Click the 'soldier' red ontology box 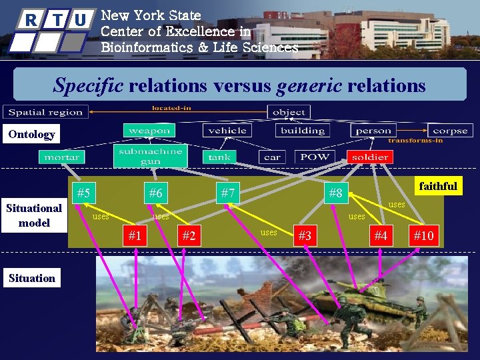click(369, 157)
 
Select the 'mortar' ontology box click(62, 157)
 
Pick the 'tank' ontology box click(219, 157)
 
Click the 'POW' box click(314, 157)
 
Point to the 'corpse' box click(450, 131)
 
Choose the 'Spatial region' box click(46, 112)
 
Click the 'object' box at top click(289, 112)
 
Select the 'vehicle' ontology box click(227, 131)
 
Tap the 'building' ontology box click(303, 131)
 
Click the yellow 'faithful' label click(437, 186)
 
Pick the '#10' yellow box click(423, 235)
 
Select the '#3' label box click(305, 235)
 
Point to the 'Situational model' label click(34, 215)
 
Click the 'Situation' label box click(32, 278)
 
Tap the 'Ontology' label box click(32, 135)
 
